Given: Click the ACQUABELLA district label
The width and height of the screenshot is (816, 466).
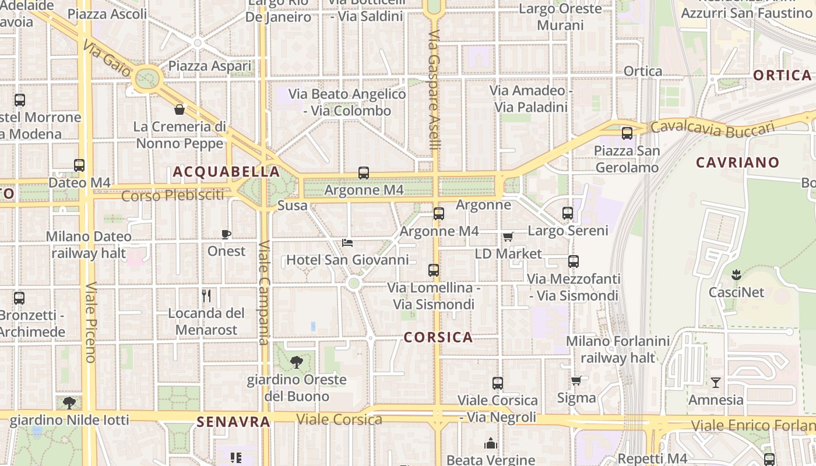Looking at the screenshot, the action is coord(226,172).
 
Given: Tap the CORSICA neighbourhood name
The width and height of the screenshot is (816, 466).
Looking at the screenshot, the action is coord(438,337).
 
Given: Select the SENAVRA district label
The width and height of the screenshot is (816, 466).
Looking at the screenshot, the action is coord(233,422).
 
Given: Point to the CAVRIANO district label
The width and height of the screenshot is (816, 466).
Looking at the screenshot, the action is coord(737,163).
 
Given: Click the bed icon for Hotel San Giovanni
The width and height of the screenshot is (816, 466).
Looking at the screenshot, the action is coord(347,242).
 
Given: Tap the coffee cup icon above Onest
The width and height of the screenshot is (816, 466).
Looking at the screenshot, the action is coord(226,234).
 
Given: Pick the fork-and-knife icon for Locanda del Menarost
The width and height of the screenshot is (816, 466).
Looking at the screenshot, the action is coord(206,296).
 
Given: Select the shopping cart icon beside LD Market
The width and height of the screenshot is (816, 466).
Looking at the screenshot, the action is coord(508,237).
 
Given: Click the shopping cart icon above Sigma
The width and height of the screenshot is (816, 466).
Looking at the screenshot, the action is coord(576,381).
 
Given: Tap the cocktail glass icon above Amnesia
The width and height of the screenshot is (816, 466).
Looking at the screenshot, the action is coord(716,383).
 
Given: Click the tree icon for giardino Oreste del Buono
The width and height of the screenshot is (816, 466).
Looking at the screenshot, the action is coord(297,362).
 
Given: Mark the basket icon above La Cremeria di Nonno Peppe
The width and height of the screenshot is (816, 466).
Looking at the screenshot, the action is coord(180,110).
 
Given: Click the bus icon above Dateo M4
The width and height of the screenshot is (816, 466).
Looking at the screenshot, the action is coord(79,165).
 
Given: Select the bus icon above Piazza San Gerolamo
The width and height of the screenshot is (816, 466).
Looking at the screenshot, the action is coord(627,133).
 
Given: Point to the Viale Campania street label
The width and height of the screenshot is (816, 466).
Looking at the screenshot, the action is coord(263,292).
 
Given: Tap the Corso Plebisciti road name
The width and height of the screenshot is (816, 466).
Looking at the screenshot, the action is coord(173,196).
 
